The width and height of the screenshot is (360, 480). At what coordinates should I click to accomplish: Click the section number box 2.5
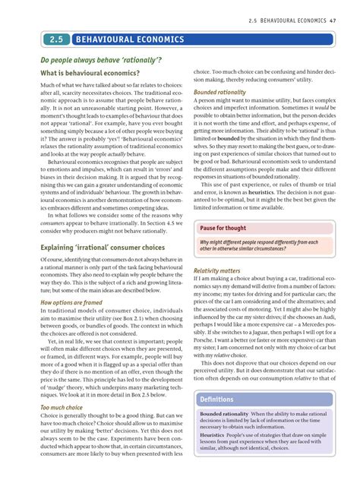[x=55, y=39]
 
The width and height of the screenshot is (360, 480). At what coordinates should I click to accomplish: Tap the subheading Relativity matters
[x=216, y=270]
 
